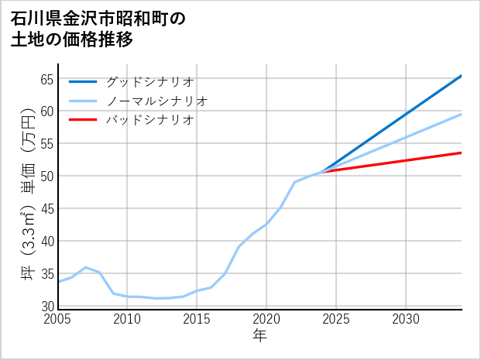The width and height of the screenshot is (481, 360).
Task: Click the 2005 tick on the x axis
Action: pyautogui.click(x=58, y=319)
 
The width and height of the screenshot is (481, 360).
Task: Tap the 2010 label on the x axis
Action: pyautogui.click(x=128, y=319)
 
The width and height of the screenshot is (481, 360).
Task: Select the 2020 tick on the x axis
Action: pyautogui.click(x=266, y=319)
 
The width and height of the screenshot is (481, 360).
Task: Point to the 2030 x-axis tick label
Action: pyautogui.click(x=406, y=319)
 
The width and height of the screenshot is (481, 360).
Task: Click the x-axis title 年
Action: pyautogui.click(x=259, y=336)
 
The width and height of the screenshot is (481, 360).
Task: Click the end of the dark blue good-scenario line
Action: pyautogui.click(x=461, y=76)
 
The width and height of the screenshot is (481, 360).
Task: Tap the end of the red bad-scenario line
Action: pyautogui.click(x=461, y=153)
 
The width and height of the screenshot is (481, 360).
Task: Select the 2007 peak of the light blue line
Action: pyautogui.click(x=85, y=267)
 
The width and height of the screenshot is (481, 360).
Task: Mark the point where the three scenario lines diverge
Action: pyautogui.click(x=322, y=171)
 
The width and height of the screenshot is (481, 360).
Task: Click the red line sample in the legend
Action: pyautogui.click(x=83, y=120)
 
